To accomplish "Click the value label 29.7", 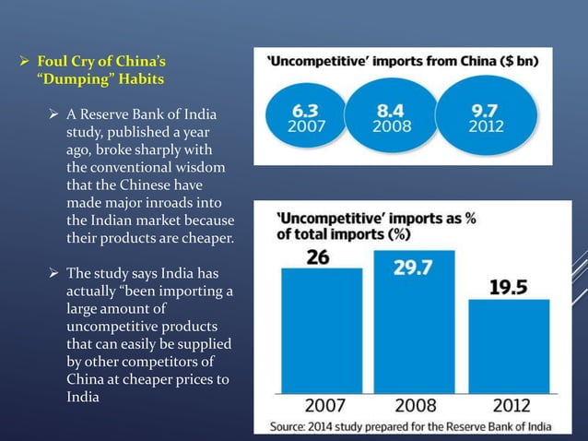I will pyautogui.click(x=415, y=267).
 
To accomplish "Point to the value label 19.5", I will pyautogui.click(x=508, y=287).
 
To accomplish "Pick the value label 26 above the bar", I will pyautogui.click(x=318, y=257).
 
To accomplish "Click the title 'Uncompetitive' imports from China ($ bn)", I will pyautogui.click(x=403, y=65).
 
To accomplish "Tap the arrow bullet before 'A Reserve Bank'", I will pyautogui.click(x=56, y=115).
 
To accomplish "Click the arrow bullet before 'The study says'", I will pyautogui.click(x=56, y=274).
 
